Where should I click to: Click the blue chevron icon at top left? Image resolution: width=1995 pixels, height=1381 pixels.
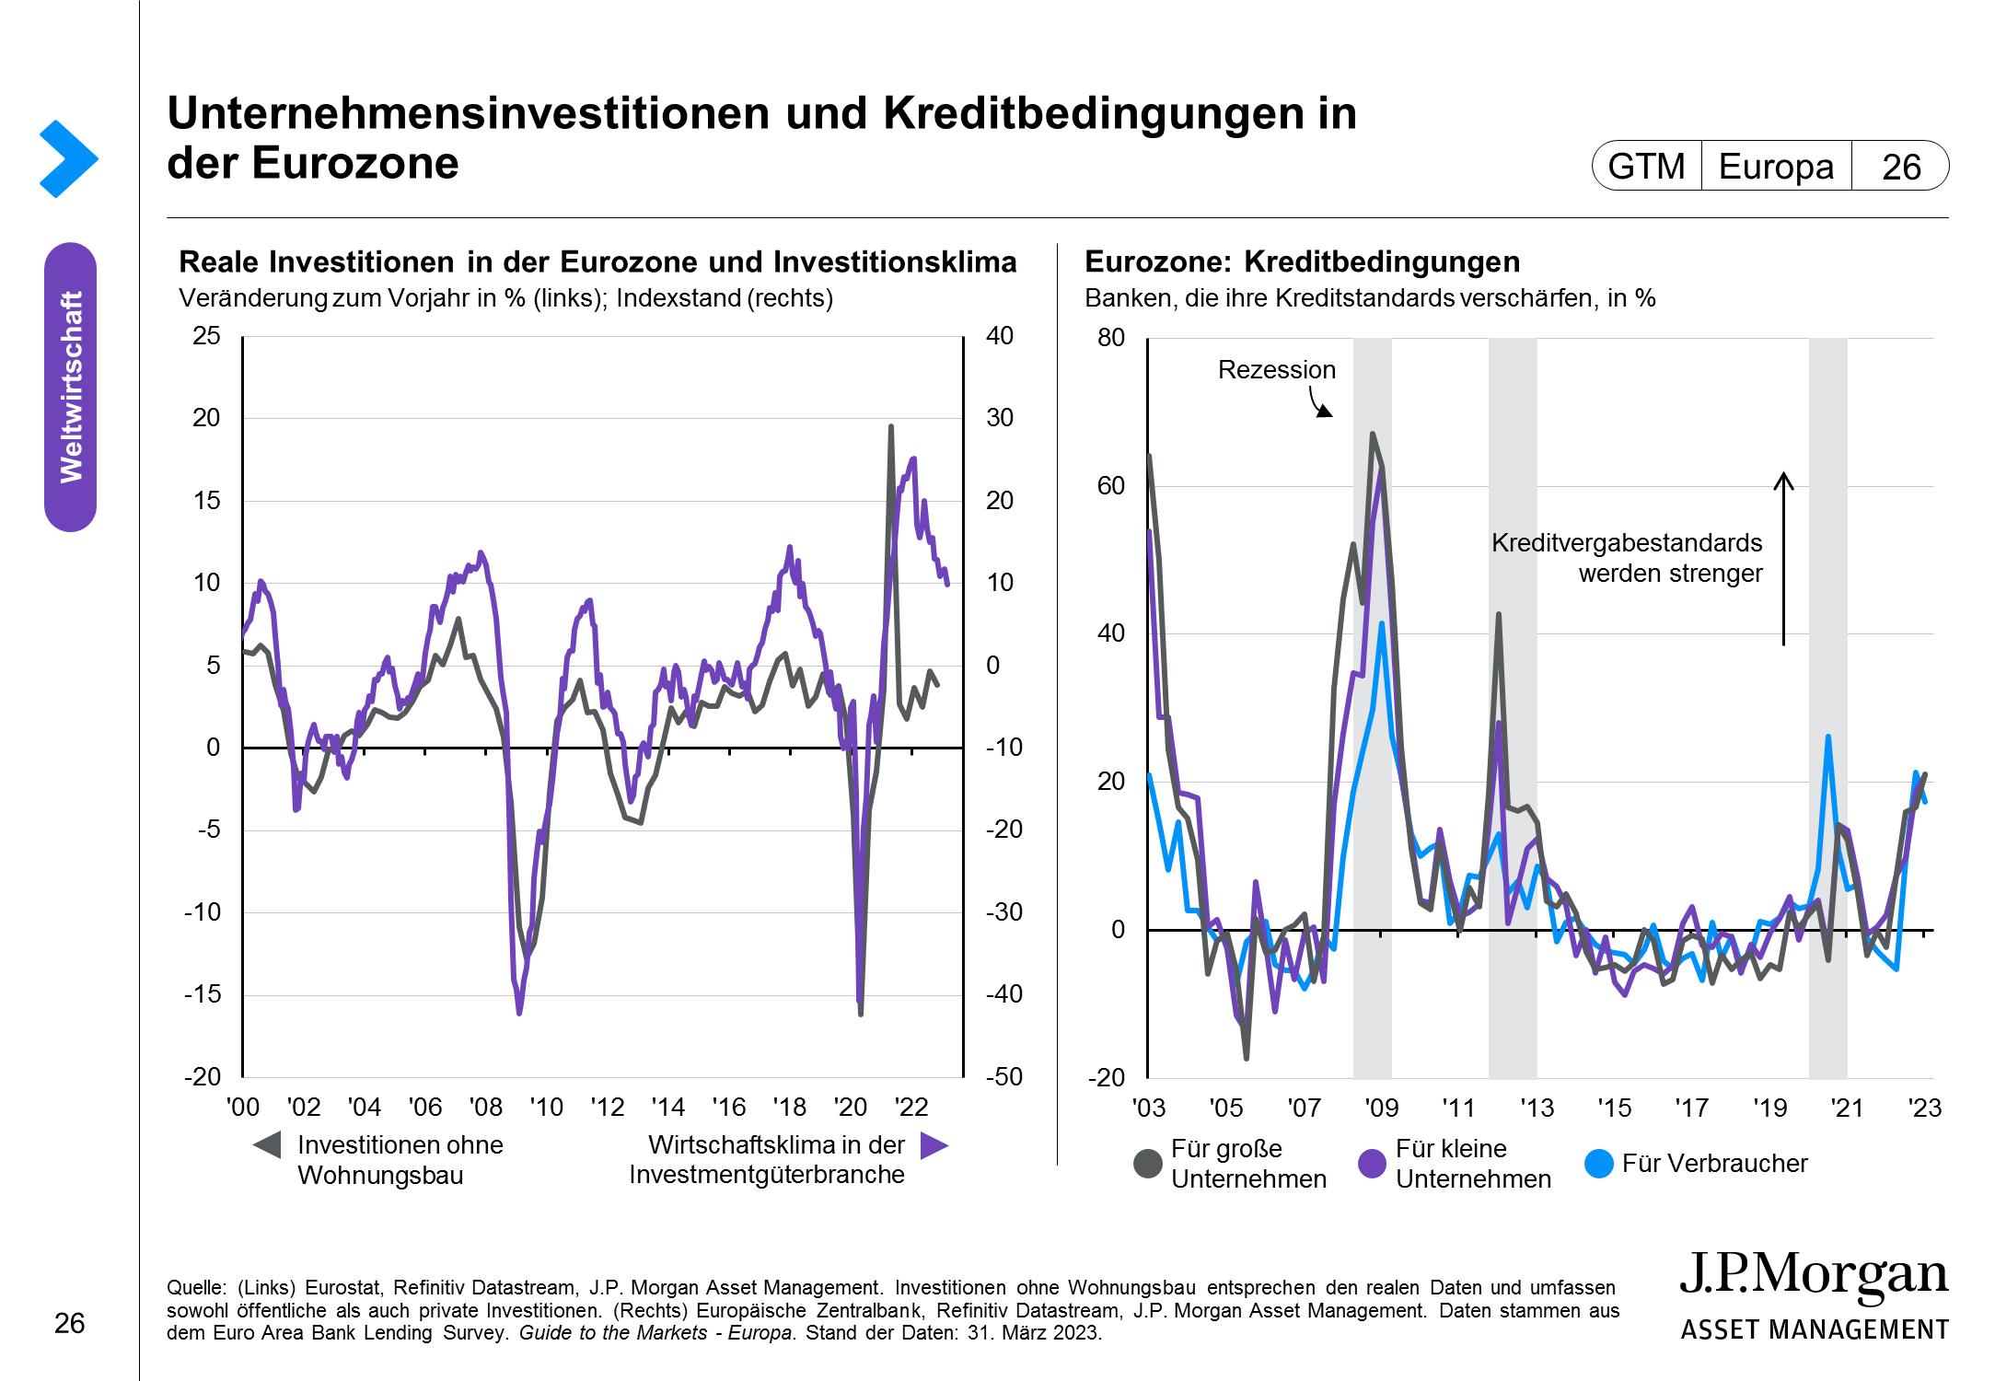[x=68, y=158]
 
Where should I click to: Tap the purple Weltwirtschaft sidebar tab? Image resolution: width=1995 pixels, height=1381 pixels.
[x=70, y=387]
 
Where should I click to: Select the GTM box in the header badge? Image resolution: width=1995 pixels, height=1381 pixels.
[x=1646, y=167]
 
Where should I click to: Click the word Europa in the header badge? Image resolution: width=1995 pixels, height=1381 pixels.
[x=1776, y=167]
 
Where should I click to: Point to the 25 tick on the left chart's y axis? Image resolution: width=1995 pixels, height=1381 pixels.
[x=206, y=336]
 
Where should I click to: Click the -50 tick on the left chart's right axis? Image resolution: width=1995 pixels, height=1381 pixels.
[x=1003, y=1076]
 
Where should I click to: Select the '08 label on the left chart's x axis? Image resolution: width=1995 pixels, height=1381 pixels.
[x=485, y=1107]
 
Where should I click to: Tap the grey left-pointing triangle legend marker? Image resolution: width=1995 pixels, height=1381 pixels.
[x=267, y=1145]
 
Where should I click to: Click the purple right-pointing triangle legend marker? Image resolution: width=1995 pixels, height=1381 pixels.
[x=934, y=1145]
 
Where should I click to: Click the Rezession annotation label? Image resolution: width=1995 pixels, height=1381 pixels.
[x=1276, y=370]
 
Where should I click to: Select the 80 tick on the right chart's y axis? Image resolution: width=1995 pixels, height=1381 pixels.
[x=1111, y=338]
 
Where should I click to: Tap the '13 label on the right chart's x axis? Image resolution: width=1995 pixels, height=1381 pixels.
[x=1537, y=1108]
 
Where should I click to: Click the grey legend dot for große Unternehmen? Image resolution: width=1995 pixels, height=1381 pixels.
[x=1148, y=1164]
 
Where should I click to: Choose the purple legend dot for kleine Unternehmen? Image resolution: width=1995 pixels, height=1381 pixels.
[x=1372, y=1164]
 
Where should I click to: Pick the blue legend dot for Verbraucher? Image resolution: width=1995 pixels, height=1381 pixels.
[x=1599, y=1164]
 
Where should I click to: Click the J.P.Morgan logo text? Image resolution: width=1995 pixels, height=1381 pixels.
[x=1814, y=1275]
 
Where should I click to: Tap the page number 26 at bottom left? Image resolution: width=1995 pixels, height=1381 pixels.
[x=69, y=1323]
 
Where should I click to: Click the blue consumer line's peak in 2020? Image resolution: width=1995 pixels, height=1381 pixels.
[x=1827, y=737]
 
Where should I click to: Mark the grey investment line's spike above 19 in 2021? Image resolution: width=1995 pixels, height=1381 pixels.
[x=890, y=427]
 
